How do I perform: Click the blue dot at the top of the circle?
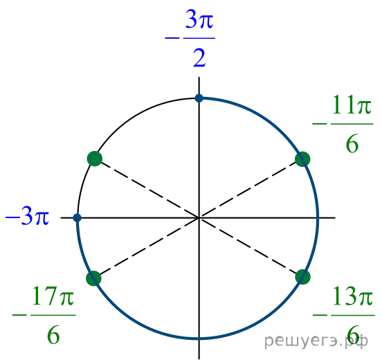click(x=199, y=98)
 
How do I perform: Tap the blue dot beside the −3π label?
click(x=78, y=217)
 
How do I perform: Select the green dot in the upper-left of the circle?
click(x=95, y=159)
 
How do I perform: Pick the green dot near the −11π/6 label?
click(x=302, y=159)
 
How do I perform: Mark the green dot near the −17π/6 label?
click(x=94, y=278)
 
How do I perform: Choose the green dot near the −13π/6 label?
click(x=303, y=277)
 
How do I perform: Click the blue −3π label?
click(x=27, y=216)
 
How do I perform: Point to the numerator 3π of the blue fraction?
click(x=199, y=19)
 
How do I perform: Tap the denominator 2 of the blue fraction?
click(x=199, y=57)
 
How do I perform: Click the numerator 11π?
click(x=352, y=105)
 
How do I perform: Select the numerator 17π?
click(x=53, y=296)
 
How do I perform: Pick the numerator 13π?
click(x=352, y=296)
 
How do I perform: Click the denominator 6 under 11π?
click(x=352, y=143)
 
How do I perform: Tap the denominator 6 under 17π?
click(x=53, y=334)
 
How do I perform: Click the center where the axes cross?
click(x=199, y=217)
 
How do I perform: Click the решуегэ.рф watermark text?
click(x=316, y=341)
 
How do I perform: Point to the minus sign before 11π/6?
click(x=320, y=124)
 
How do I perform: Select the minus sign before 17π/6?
click(x=19, y=315)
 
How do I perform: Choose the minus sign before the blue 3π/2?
click(x=172, y=38)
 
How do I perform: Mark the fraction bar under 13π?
click(x=353, y=315)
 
